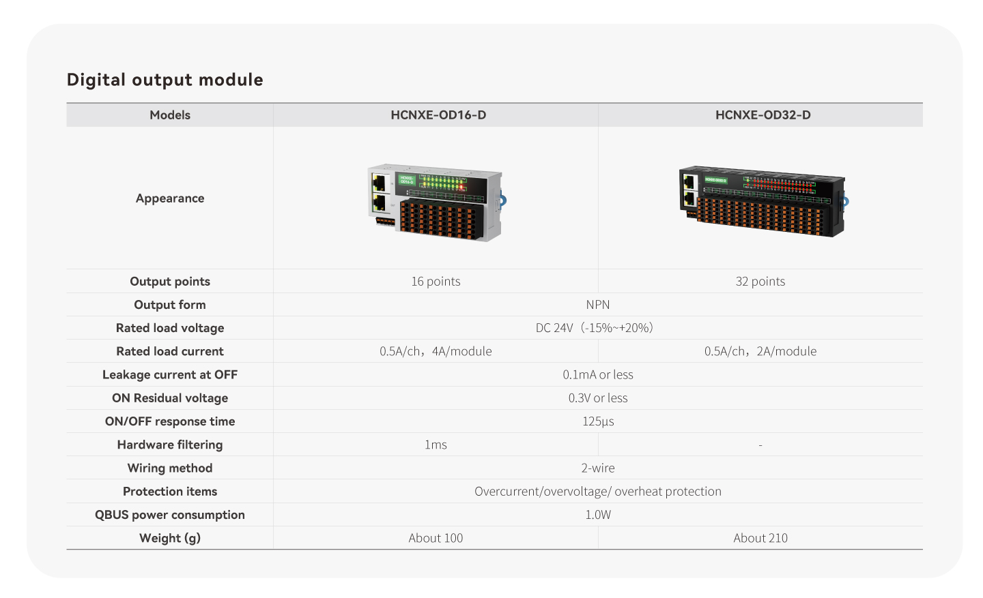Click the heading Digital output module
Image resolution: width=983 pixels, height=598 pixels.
[165, 80]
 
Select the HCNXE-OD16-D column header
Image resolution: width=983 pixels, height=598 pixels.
[438, 115]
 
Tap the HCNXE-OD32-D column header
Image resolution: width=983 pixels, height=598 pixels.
[763, 115]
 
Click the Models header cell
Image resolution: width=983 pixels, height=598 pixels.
[170, 115]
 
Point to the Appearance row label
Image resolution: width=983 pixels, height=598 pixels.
[170, 198]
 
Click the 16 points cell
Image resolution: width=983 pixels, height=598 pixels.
[436, 281]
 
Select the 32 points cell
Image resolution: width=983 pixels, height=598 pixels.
[760, 281]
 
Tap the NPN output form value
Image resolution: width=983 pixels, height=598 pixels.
[598, 304]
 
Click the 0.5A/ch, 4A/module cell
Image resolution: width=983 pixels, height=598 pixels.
[436, 351]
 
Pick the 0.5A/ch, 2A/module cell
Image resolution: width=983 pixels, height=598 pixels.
[760, 351]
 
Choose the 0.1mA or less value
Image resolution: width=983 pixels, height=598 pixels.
[598, 374]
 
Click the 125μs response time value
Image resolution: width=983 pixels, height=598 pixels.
[598, 421]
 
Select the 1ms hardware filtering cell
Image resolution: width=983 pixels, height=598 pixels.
[436, 445]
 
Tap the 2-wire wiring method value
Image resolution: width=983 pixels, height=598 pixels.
[598, 468]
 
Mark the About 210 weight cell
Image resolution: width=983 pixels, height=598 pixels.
[760, 538]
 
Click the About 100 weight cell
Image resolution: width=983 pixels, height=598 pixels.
[436, 538]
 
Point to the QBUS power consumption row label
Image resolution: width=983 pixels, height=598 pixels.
[170, 515]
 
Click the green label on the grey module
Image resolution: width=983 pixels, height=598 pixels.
[406, 180]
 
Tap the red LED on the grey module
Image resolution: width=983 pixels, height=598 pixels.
[461, 188]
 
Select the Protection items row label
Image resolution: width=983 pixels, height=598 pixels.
[170, 491]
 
